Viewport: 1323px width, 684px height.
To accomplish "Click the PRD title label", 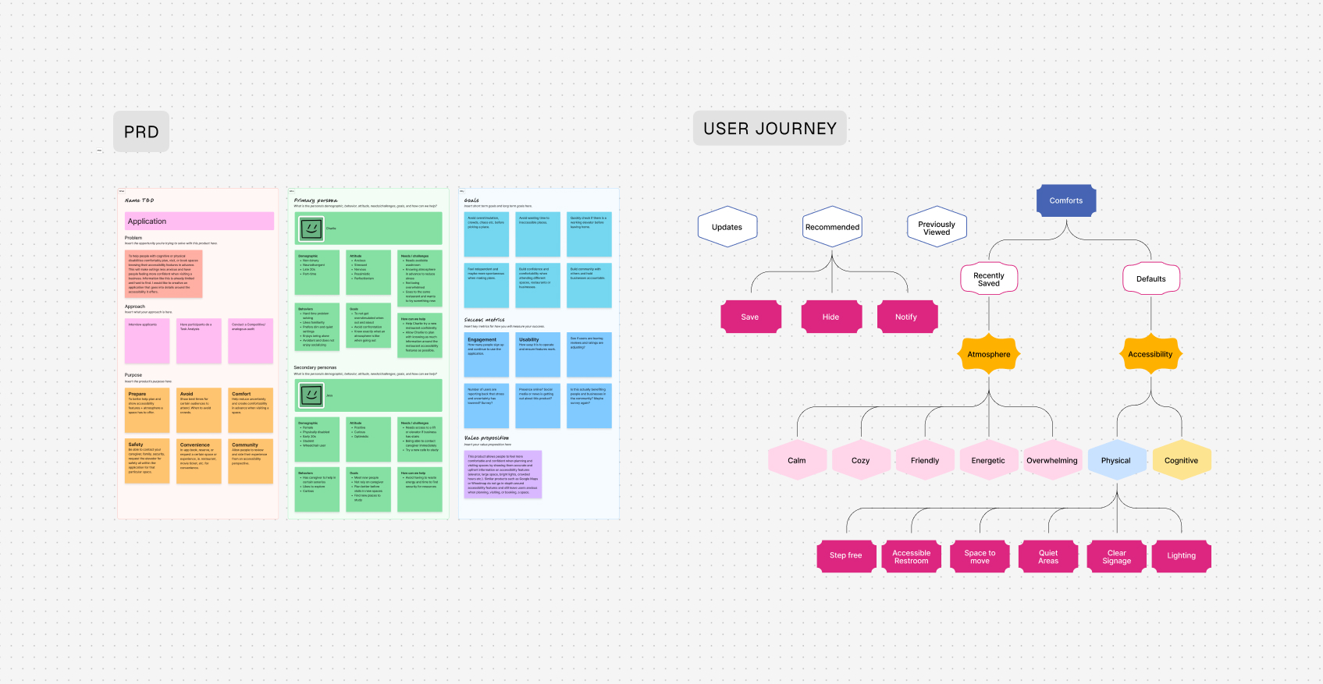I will [141, 132].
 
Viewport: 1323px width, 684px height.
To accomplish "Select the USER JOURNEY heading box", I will [770, 129].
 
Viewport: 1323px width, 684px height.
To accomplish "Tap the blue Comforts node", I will [1065, 200].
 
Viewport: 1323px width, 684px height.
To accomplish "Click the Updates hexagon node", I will [727, 227].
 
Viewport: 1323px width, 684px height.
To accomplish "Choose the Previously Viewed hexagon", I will [937, 228].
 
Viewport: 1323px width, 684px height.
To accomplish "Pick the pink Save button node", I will [749, 317].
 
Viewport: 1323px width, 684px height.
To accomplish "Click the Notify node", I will [905, 317].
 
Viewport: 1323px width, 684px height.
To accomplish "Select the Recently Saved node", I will [988, 279].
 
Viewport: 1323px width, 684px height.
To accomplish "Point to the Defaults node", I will [1151, 279].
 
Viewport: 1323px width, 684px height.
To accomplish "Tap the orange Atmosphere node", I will [988, 354].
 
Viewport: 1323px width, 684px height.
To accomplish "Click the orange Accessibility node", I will [1150, 354].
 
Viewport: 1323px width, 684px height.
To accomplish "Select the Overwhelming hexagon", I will [1051, 460].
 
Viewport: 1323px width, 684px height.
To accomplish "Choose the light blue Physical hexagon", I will [1115, 460].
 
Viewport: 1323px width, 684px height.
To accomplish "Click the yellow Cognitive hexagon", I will [1181, 460].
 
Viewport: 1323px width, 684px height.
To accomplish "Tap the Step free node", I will [845, 555].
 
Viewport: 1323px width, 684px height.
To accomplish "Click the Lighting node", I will [1181, 555].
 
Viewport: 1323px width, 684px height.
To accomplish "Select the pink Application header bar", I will [199, 222].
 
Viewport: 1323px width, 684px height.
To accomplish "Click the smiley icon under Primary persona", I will [311, 229].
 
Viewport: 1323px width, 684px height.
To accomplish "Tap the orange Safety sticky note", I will [147, 460].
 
